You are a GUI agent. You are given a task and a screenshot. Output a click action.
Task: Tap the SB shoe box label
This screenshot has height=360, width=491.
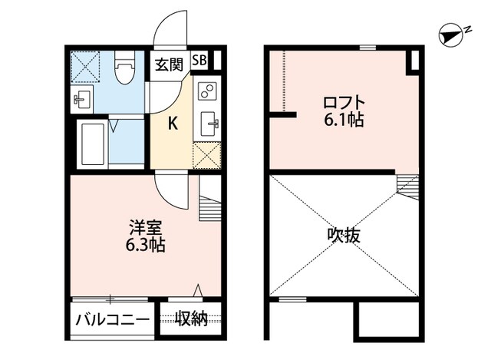(199, 61)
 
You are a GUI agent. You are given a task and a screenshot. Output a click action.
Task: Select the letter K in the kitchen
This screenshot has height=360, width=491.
(173, 122)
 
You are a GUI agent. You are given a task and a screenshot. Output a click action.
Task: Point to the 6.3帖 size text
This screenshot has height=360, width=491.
(146, 246)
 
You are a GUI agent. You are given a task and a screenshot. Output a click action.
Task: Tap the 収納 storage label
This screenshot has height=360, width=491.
(191, 319)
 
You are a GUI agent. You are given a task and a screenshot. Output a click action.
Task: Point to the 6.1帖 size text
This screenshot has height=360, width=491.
(343, 121)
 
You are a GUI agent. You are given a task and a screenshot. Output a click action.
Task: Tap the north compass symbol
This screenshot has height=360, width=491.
(450, 33)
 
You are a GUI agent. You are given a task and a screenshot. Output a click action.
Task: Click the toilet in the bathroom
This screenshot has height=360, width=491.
(124, 69)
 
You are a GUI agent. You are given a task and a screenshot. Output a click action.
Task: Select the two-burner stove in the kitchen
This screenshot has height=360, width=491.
(206, 92)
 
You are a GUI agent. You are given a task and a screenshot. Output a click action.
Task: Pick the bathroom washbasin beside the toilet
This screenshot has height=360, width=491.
(82, 98)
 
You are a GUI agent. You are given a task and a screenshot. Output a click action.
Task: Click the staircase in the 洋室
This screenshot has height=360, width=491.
(209, 205)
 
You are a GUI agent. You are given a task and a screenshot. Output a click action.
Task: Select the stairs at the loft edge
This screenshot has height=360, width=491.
(407, 184)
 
